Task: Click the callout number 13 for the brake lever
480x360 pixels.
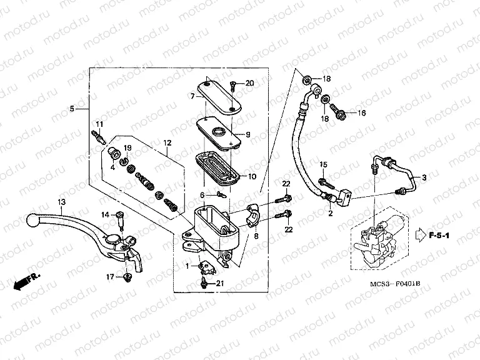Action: tap(61, 202)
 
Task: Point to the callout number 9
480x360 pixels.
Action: tap(247, 134)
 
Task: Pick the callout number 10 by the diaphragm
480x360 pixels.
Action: tap(252, 177)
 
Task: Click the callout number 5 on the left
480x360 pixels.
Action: tap(72, 109)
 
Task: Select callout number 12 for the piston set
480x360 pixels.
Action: tap(167, 143)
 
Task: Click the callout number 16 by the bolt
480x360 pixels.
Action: tap(361, 113)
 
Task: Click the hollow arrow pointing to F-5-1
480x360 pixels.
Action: tap(417, 236)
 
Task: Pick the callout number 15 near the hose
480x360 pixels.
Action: tap(324, 164)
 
